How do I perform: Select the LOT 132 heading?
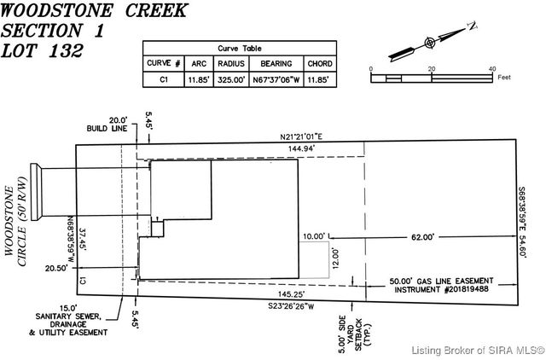coord(43,49)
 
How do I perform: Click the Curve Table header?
coord(239,49)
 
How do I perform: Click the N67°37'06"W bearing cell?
coord(276,79)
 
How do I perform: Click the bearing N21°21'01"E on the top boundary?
coord(305,136)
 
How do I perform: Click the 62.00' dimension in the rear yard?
coord(422,237)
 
